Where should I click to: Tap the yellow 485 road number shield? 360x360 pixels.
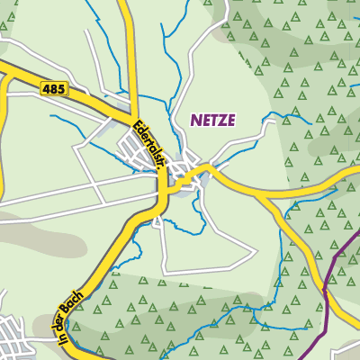coord(54,87)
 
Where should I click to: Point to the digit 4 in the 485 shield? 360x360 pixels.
coord(47,87)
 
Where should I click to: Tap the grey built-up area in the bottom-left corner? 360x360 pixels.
coord(18,337)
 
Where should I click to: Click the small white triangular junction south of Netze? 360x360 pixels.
coord(159,220)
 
